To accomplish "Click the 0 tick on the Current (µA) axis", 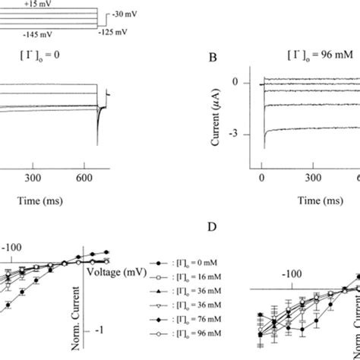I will pos(245,81).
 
